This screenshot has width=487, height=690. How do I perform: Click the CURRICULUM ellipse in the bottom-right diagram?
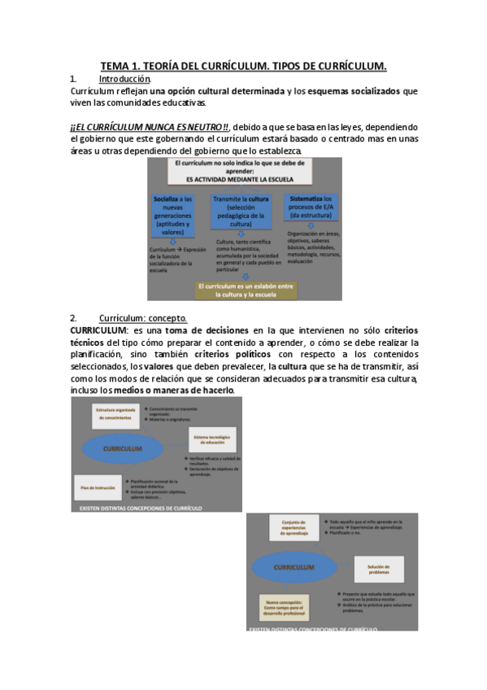[295, 566]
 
